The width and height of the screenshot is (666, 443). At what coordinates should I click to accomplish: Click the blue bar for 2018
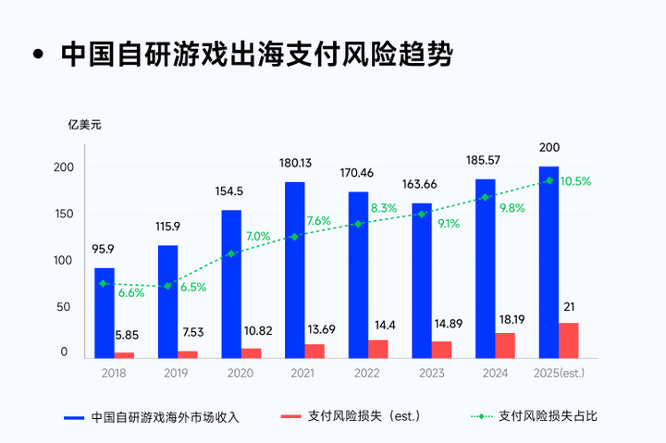point(105,313)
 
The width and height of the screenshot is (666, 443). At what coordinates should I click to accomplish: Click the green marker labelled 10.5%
point(549,180)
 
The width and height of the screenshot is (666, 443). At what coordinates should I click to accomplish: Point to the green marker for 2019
point(167,286)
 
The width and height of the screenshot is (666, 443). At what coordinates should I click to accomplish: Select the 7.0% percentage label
point(258,237)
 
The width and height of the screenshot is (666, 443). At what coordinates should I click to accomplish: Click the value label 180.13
point(295,163)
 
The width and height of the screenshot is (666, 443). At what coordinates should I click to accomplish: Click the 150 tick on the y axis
point(62,214)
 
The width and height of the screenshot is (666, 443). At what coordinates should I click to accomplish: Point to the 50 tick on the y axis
point(65,306)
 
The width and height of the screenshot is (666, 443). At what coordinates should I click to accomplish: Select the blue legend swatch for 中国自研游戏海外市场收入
point(75,416)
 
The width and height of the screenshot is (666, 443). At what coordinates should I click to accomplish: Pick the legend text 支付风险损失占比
point(548,416)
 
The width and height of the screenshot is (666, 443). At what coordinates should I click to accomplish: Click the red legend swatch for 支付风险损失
point(291,416)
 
